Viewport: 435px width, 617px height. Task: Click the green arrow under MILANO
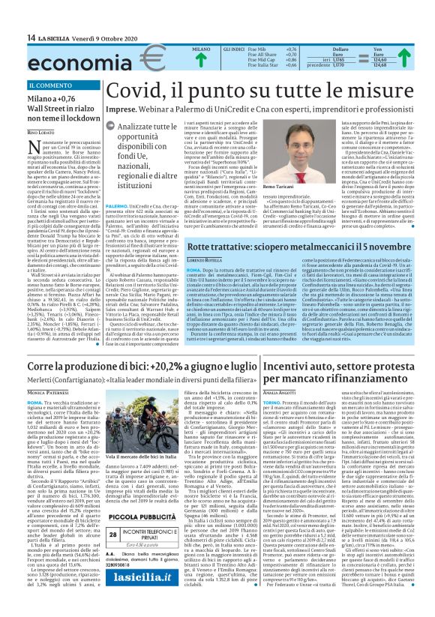tap(200, 62)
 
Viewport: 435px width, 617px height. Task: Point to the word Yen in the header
tap(398, 47)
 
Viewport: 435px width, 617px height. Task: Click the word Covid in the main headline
tap(136, 91)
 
